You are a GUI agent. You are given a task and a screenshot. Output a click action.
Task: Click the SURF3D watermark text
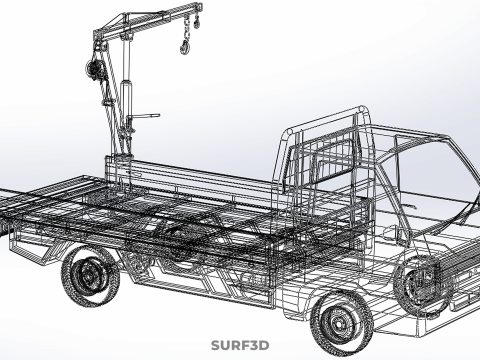pyautogui.click(x=240, y=345)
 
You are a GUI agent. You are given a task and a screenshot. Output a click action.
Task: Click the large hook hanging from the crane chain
pyautogui.click(x=185, y=47)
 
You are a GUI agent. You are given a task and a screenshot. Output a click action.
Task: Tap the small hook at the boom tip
pyautogui.click(x=197, y=24)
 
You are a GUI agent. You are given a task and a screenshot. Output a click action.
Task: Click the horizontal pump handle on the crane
pyautogui.click(x=144, y=116)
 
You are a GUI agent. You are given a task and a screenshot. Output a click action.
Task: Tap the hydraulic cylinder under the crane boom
pyautogui.click(x=126, y=100)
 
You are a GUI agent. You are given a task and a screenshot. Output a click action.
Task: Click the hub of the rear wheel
pyautogui.click(x=89, y=276)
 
